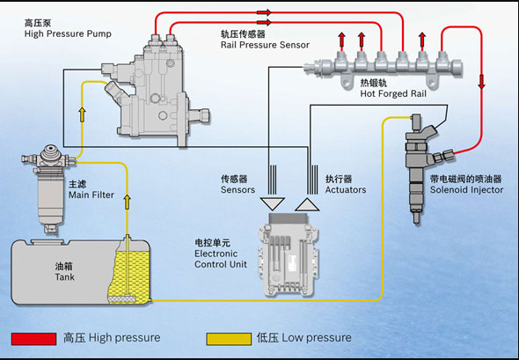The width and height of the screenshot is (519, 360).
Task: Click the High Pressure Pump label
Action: [x=68, y=33]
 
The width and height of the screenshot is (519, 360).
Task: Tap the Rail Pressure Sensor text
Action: [x=265, y=45]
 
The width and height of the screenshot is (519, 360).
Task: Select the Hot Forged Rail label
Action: [x=393, y=93]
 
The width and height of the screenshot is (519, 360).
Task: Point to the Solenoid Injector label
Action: [x=466, y=190]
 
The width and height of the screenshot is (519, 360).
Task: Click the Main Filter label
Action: [x=91, y=195]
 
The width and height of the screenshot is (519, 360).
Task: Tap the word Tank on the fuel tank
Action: [x=65, y=277]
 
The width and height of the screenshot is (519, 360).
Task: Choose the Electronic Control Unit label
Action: [x=221, y=259]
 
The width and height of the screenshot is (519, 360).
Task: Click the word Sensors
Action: [x=238, y=190]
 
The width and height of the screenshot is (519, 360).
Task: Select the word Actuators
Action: [x=346, y=190]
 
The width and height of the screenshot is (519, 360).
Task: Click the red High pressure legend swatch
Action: [x=33, y=339]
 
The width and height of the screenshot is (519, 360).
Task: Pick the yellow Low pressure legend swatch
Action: [x=229, y=339]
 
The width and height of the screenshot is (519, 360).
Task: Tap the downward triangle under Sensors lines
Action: [x=273, y=203]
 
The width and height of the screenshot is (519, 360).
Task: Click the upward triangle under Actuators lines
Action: [x=307, y=205]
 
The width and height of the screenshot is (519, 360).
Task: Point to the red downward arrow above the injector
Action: [x=481, y=82]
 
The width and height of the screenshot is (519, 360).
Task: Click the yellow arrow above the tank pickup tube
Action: [x=127, y=202]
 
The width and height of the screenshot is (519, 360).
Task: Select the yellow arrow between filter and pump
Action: [x=82, y=114]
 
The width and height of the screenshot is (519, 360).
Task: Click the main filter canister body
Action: [x=48, y=199]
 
